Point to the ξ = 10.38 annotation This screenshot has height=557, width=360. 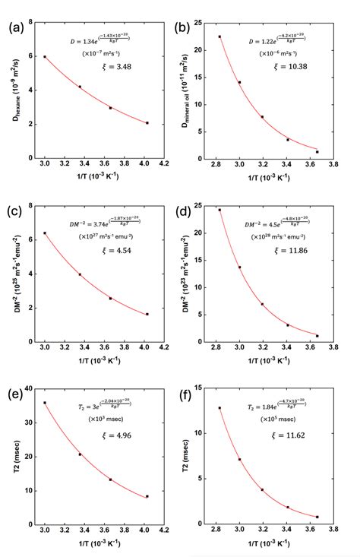286,68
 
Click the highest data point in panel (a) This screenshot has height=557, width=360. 45,56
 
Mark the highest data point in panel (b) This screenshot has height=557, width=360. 219,36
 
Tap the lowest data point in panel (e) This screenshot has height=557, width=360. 147,496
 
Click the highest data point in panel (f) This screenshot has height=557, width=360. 219,408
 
